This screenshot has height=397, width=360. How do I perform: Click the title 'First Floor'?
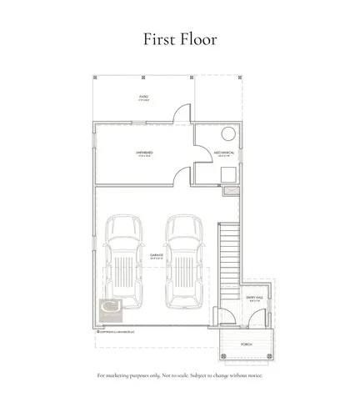(x=180, y=38)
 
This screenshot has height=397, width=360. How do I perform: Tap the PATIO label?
(x=143, y=98)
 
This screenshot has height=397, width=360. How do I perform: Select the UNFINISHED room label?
(x=142, y=154)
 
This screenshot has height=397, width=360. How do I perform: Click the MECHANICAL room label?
(x=222, y=154)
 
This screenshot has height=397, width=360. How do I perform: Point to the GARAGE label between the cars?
(x=156, y=257)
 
